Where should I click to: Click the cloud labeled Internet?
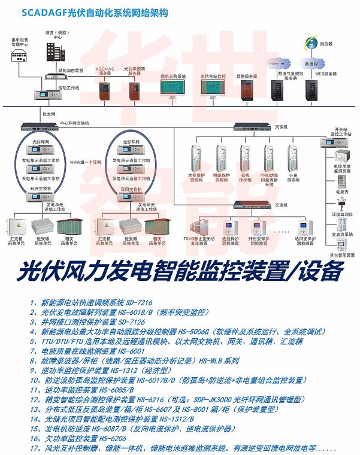[x=277, y=63]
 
